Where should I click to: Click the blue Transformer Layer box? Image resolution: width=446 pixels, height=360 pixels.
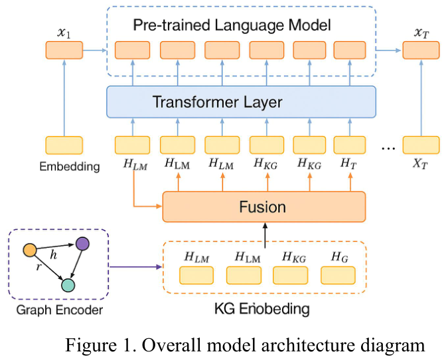pos(241,102)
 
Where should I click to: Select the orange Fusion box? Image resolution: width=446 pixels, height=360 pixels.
pos(263,206)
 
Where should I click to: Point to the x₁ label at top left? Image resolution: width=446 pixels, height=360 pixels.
pos(64,32)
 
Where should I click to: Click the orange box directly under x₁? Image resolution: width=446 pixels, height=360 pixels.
pos(64,50)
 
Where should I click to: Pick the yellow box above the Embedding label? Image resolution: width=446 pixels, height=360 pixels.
pos(64,145)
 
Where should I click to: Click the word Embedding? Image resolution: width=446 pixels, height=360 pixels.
pos(69,166)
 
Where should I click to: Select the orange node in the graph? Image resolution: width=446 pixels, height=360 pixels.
pos(29,250)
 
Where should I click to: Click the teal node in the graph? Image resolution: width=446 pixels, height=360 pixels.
pos(68,284)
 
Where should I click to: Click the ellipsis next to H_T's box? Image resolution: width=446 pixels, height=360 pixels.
pos(388,147)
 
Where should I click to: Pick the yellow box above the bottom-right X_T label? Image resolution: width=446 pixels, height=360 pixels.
pos(421,145)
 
